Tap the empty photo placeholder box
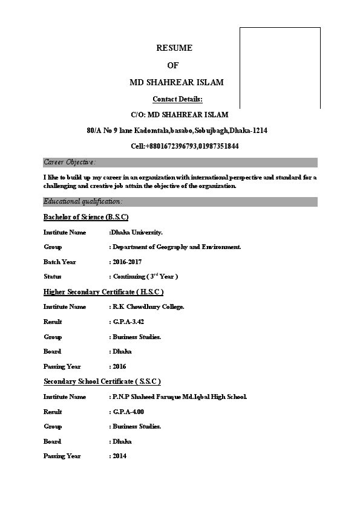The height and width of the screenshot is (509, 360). click(280, 68)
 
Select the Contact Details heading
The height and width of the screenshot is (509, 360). click(177, 99)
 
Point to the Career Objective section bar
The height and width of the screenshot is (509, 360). click(180, 162)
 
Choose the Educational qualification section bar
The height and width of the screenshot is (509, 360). click(180, 201)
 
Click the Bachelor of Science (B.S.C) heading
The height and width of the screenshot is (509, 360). click(86, 217)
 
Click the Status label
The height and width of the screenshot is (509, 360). click(53, 276)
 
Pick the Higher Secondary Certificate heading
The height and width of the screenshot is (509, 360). click(103, 292)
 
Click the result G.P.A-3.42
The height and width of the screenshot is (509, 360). click(128, 322)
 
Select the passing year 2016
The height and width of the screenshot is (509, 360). click(119, 366)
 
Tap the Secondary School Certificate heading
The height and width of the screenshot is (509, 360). click(102, 381)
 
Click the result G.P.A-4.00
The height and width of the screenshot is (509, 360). click(128, 412)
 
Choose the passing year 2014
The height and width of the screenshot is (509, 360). click(119, 456)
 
